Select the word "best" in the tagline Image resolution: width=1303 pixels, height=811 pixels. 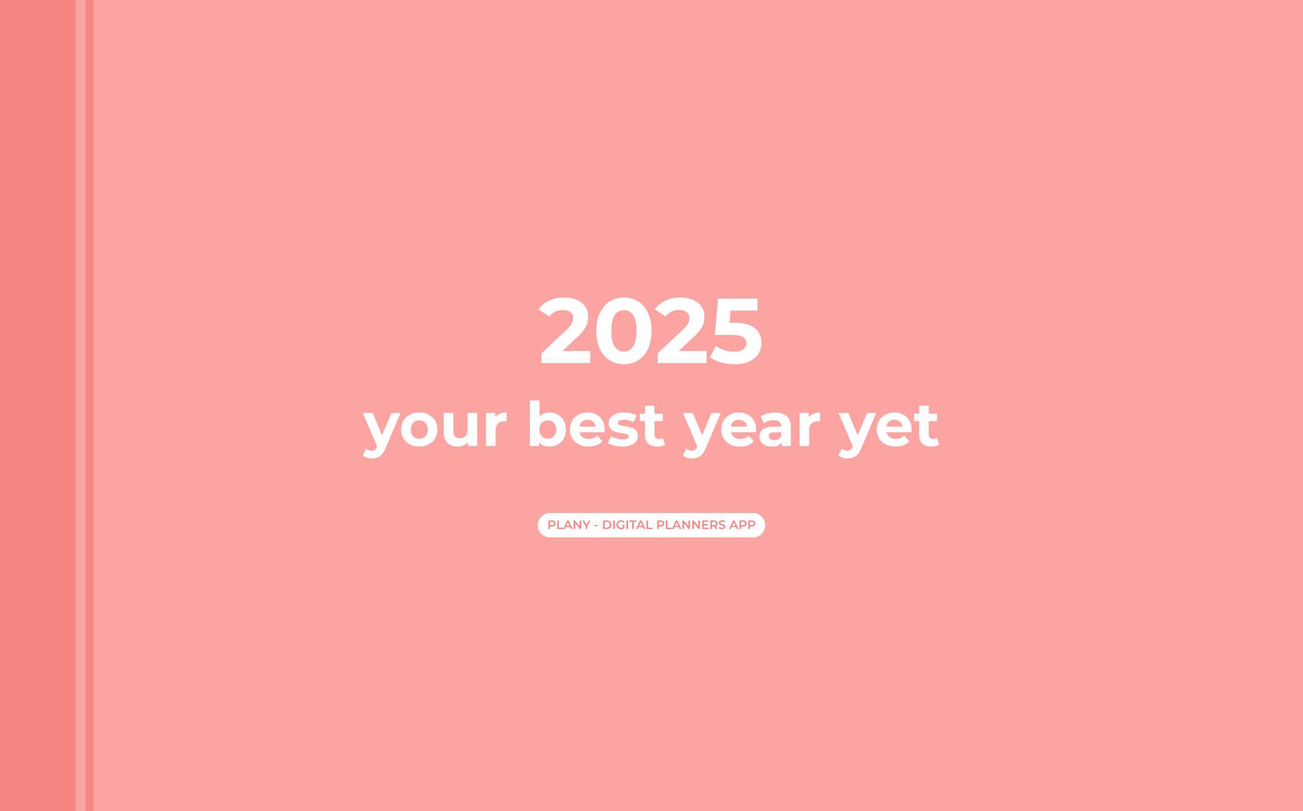coord(596,425)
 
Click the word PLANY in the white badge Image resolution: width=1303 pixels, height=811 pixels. coord(569,525)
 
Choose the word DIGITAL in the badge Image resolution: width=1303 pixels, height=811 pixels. coord(627,525)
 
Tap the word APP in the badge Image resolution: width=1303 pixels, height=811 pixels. coord(742,525)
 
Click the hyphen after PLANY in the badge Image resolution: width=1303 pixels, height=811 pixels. coord(596,526)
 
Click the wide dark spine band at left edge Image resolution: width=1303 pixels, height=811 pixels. coord(37,405)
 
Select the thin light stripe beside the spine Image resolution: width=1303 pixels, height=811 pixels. coord(81,405)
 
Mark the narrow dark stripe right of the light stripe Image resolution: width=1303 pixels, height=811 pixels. coord(90,405)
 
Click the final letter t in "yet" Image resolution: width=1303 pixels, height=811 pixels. coord(925,427)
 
